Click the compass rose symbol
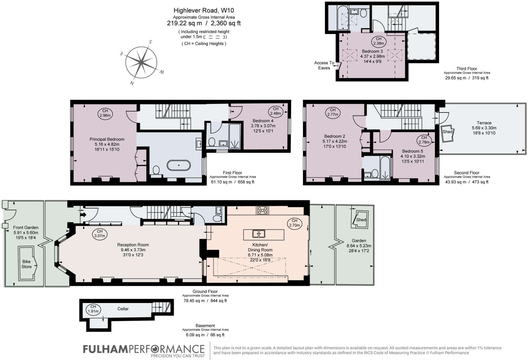[x=141, y=62]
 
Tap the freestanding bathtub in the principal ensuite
[x=179, y=165]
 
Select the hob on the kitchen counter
[x=262, y=210]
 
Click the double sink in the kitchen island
[x=259, y=234]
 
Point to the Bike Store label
[x=27, y=264]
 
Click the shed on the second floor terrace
[x=447, y=133]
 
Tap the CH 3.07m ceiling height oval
[x=100, y=234]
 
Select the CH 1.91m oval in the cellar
[x=93, y=309]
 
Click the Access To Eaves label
[x=324, y=65]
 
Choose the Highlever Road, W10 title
[x=204, y=11]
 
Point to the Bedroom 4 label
[x=263, y=121]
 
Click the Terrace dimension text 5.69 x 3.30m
[x=484, y=128]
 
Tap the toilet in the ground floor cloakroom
[x=217, y=219]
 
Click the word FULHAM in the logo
[x=105, y=349]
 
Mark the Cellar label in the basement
[x=123, y=309]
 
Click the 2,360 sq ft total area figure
[x=226, y=23]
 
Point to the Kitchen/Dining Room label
[x=260, y=247]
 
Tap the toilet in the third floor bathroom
[x=364, y=13]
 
